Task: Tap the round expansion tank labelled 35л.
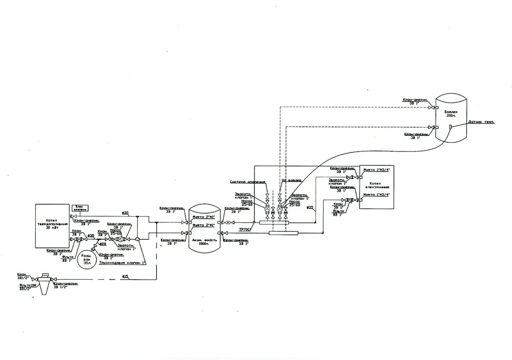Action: tap(82, 259)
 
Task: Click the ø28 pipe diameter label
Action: tap(103, 244)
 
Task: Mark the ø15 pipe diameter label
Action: tap(125, 277)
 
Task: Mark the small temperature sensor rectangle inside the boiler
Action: tap(451, 126)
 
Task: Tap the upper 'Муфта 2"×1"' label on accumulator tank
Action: tap(203, 217)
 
